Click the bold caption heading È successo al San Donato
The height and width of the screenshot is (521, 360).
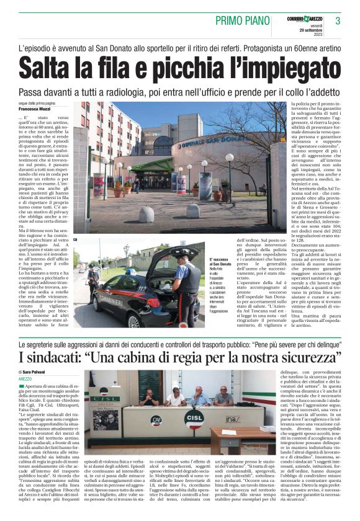[x=221, y=262]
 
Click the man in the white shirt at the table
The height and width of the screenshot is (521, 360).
[x=176, y=397]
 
